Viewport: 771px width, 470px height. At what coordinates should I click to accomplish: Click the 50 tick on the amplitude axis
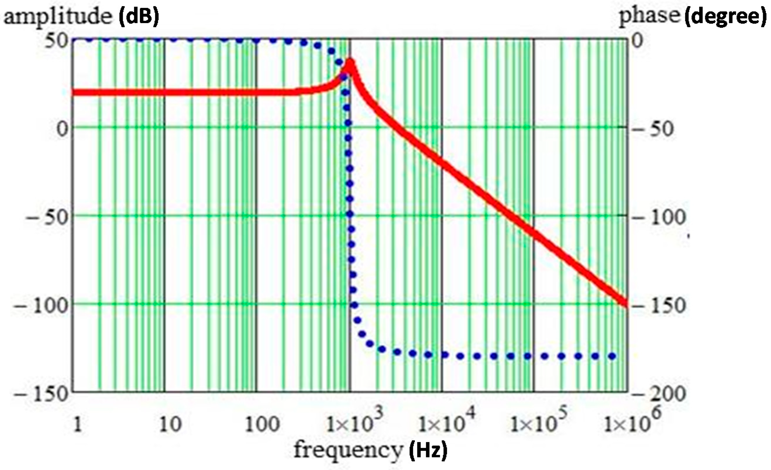pos(56,41)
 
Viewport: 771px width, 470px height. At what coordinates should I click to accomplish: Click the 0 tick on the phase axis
pos(637,41)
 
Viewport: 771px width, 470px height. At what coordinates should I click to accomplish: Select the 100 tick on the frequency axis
pos(261,425)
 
